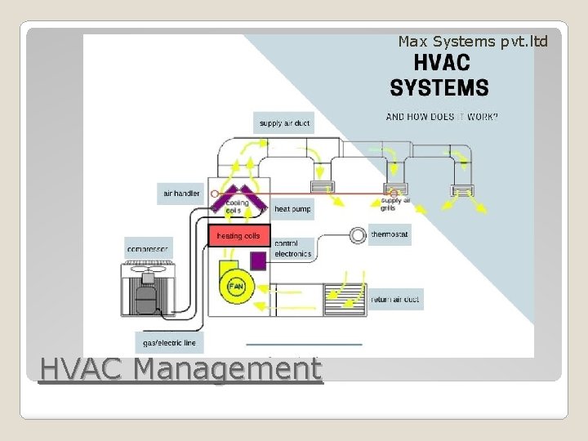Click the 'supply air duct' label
(x=284, y=123)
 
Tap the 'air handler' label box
(x=181, y=194)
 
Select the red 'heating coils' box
(x=238, y=236)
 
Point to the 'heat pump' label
(x=292, y=209)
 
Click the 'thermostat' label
(x=390, y=234)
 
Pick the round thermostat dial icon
(x=358, y=235)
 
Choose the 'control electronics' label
(x=292, y=248)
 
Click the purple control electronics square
(x=258, y=261)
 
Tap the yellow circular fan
(x=236, y=287)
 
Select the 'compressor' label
(x=148, y=247)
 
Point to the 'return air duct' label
(x=395, y=300)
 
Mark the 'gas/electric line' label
(x=170, y=342)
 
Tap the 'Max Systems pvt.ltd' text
(x=473, y=41)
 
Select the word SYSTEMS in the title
(x=439, y=87)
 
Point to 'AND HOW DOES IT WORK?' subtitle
(x=442, y=117)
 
